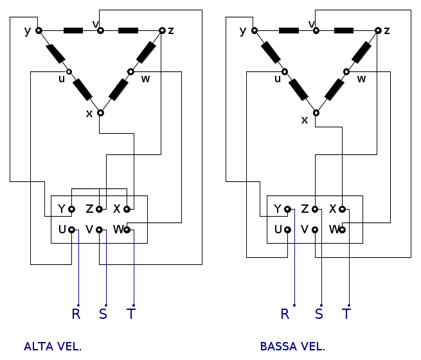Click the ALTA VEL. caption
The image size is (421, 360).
pos(53,346)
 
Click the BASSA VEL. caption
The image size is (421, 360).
pos(292,346)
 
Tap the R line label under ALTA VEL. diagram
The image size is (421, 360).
pos(76,314)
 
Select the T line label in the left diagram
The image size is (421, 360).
pos(131,314)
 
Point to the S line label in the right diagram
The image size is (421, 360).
pos(319,314)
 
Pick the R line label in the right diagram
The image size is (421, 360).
pos(285,314)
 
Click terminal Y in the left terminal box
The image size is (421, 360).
pos(71,209)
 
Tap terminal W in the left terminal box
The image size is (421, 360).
pos(127,230)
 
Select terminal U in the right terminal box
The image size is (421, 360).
pos(287,230)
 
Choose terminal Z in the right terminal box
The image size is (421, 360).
pos(315,209)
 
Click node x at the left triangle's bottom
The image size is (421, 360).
pos(100,113)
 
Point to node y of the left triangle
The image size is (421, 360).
pos(39,30)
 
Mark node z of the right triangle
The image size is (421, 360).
pos(378,30)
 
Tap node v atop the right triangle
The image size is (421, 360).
pos(316,30)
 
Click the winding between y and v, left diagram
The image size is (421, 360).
pos(73,30)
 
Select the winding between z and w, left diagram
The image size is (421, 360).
pos(146,51)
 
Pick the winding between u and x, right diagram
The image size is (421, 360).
pos(299,90)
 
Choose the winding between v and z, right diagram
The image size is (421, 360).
pos(344,30)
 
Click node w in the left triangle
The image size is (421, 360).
pos(130,72)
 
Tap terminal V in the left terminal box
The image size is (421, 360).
pos(99,230)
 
